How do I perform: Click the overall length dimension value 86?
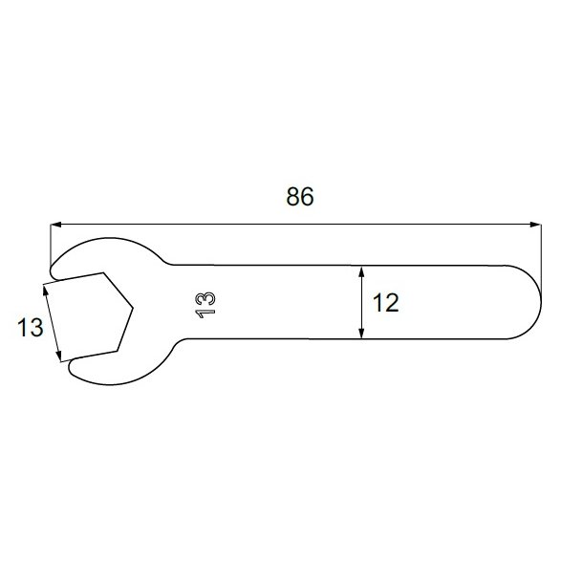point(299,197)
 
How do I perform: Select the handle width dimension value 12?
point(385,303)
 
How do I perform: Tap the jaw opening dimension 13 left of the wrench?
point(30,328)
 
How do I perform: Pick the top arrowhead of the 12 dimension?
point(361,271)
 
